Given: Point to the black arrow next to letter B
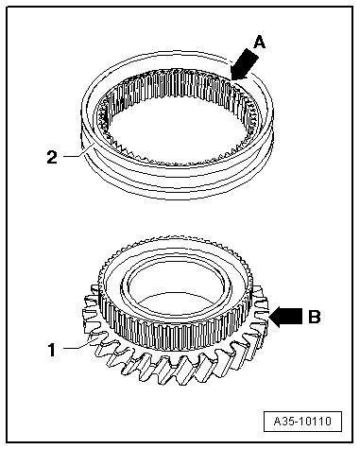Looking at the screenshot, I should (286, 317).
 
